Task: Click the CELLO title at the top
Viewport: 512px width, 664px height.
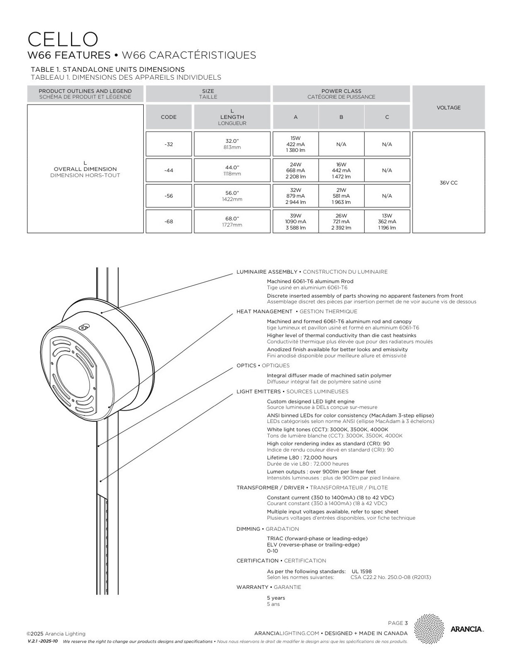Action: (x=63, y=39)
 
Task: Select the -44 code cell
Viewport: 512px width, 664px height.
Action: (x=169, y=170)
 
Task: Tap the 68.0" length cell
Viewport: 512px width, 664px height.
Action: (x=232, y=222)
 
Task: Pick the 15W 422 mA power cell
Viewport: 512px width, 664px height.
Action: (x=295, y=144)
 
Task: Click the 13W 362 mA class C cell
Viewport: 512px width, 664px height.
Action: (x=387, y=222)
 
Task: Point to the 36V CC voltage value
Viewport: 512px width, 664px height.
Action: (x=448, y=183)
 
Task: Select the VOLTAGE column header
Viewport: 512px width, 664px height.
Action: (x=448, y=107)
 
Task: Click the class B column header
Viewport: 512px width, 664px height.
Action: (x=341, y=117)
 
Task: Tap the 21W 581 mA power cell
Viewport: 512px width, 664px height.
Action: (x=341, y=196)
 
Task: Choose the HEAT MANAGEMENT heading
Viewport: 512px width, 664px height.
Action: (x=264, y=311)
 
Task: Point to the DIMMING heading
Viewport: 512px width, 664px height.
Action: (x=248, y=529)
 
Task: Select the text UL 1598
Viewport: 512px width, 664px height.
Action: (x=362, y=571)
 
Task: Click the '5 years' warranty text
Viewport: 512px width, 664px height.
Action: (x=276, y=598)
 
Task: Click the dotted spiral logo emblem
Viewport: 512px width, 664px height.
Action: (x=429, y=629)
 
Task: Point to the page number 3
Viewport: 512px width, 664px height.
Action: (x=406, y=623)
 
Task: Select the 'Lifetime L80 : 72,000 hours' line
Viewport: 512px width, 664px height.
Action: (x=302, y=457)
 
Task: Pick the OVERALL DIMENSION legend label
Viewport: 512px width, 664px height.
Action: (x=85, y=169)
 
